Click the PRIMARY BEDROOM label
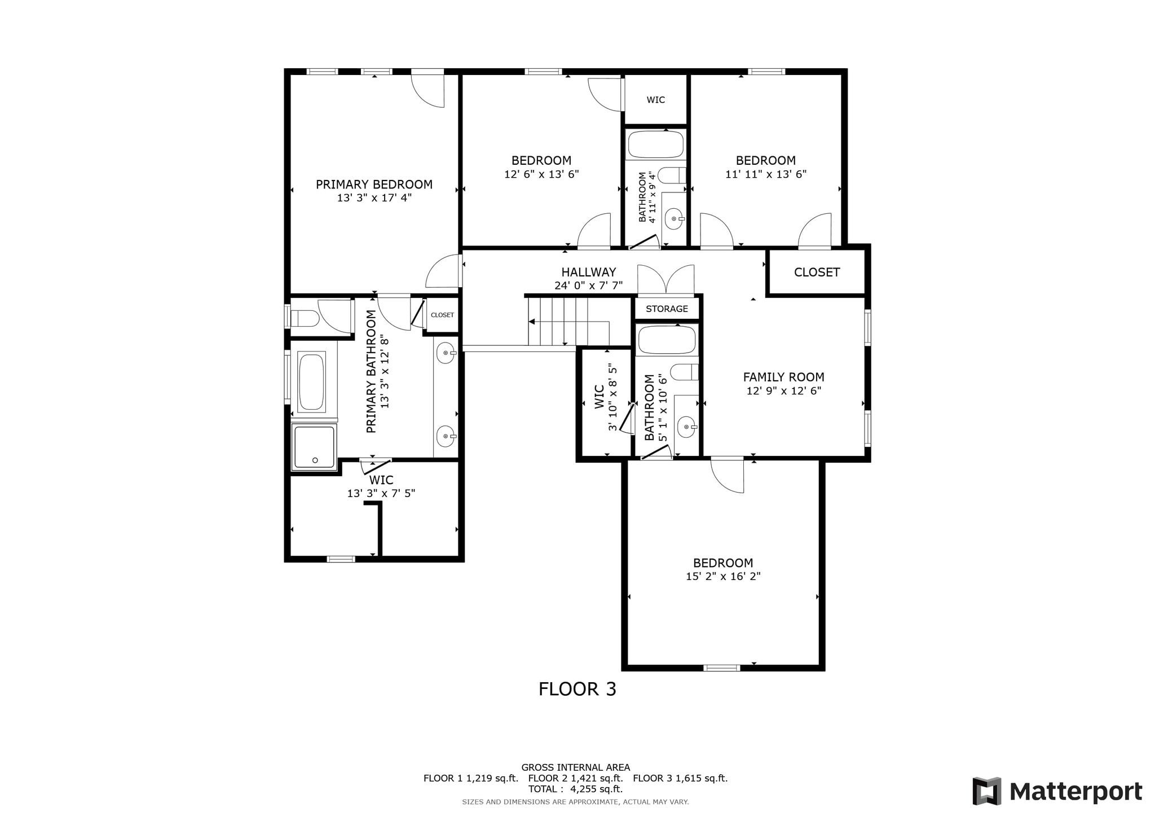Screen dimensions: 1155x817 click(x=374, y=185)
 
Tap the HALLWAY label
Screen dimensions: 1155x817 click(x=588, y=273)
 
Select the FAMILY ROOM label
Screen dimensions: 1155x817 click(x=783, y=377)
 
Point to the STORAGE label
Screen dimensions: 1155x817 click(x=667, y=309)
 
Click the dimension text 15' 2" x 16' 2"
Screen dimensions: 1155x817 click(x=723, y=576)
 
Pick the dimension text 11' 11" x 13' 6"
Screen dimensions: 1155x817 click(x=766, y=174)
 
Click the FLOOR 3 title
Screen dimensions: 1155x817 click(x=577, y=689)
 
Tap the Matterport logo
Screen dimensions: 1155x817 click(x=1057, y=791)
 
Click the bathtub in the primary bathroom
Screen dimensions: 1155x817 click(x=311, y=382)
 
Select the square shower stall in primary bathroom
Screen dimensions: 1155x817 click(x=314, y=446)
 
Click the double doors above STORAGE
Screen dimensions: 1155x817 click(x=666, y=279)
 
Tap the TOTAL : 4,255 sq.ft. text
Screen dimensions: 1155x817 click(x=575, y=789)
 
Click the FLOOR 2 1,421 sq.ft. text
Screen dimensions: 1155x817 click(x=575, y=778)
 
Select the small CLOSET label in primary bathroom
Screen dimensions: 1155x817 click(x=442, y=315)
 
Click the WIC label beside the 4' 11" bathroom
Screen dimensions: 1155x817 click(x=655, y=100)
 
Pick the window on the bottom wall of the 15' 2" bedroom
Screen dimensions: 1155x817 click(x=721, y=668)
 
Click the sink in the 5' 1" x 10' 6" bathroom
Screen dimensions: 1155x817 click(x=687, y=427)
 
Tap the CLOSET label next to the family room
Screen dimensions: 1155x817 click(x=817, y=273)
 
